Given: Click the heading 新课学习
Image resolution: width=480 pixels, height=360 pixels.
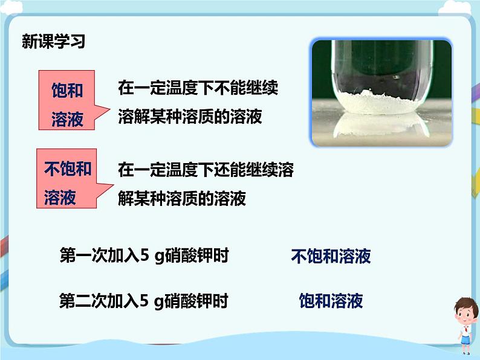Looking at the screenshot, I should point(53,42).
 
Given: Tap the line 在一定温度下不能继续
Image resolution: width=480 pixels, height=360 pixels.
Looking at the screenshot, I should point(198,89).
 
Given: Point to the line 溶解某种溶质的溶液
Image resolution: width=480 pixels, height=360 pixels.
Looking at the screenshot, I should point(190,117).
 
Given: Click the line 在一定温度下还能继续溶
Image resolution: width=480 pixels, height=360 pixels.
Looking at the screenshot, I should point(206,170).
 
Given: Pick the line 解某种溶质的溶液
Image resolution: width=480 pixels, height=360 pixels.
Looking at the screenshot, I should point(182,198).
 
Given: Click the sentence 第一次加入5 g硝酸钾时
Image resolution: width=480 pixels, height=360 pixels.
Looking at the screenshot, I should point(144,256).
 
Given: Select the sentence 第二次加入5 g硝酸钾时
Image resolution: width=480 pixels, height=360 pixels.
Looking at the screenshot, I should point(144,300).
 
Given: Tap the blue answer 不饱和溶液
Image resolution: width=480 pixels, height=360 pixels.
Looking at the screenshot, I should point(331,257).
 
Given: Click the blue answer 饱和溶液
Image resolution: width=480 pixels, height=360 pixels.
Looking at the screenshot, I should point(331,301).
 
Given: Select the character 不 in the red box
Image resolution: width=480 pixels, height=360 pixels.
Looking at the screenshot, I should point(52,169).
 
